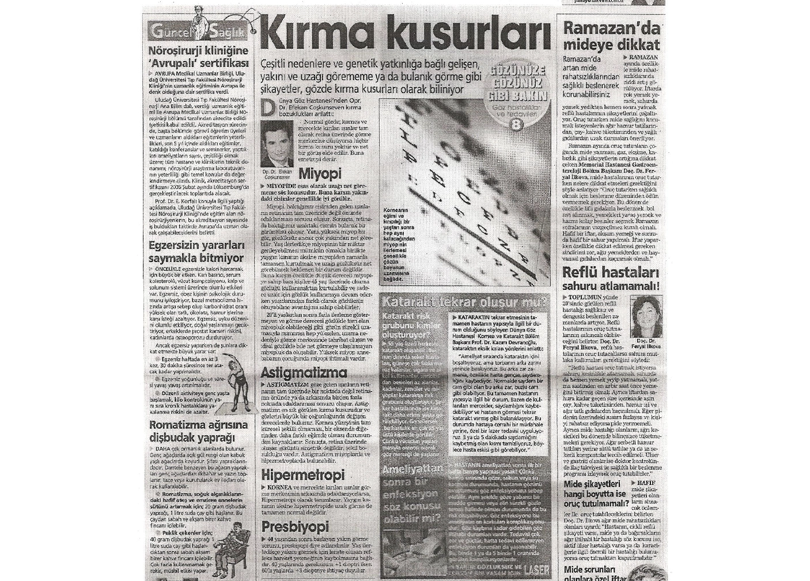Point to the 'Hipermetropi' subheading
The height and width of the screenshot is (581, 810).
[302, 476]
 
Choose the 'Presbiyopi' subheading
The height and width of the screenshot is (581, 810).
[295, 527]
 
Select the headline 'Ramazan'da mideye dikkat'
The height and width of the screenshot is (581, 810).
[611, 36]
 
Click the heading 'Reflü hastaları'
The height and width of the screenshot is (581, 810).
[610, 272]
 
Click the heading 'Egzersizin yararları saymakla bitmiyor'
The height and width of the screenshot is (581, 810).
[196, 252]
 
